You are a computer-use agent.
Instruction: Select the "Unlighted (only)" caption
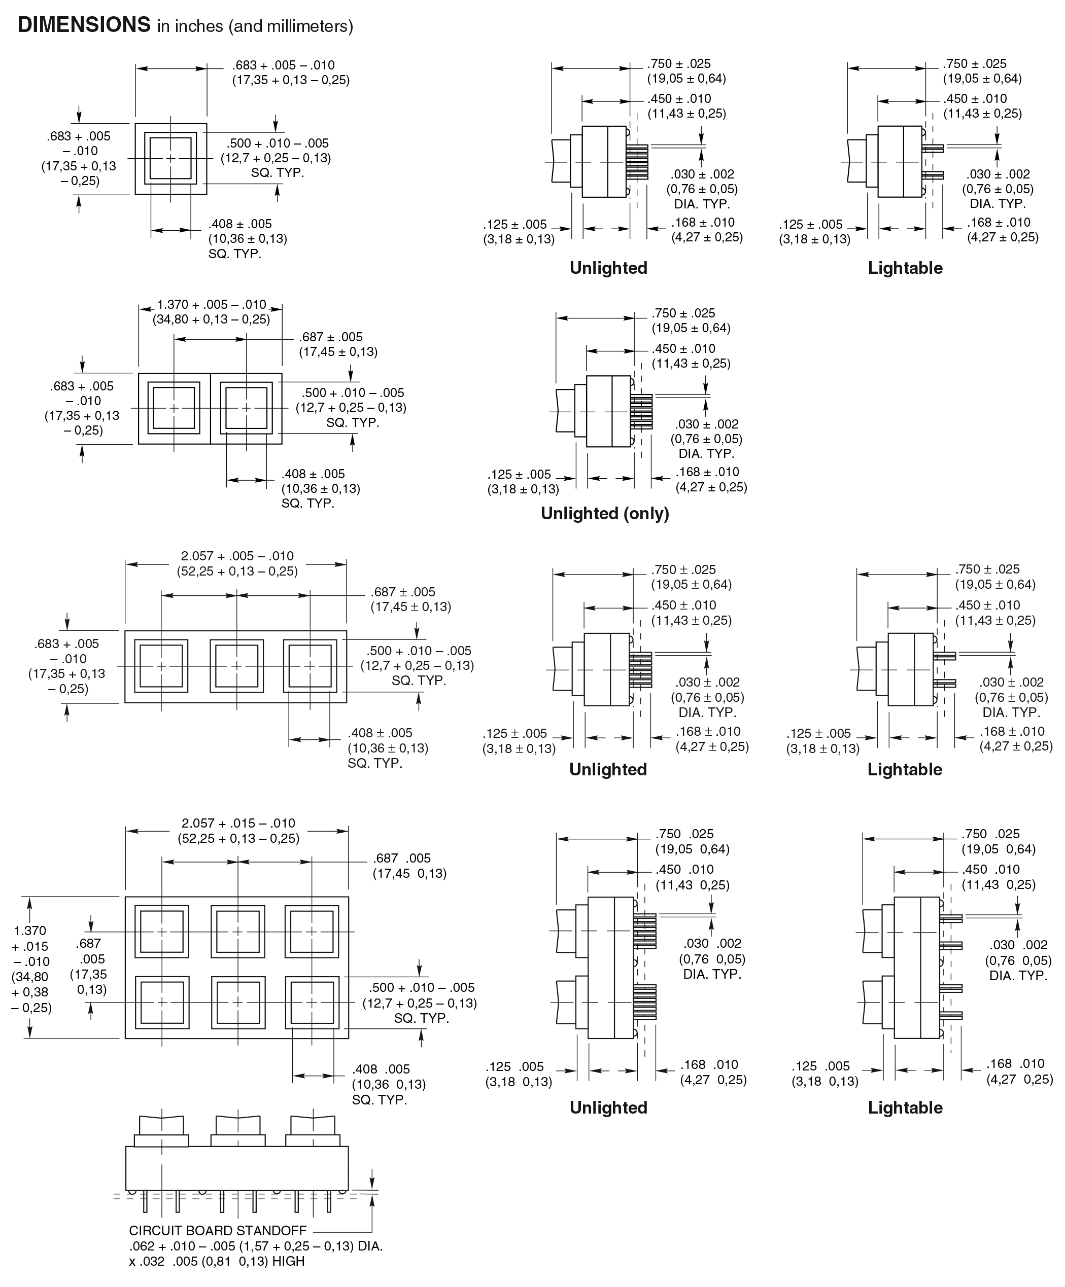[604, 514]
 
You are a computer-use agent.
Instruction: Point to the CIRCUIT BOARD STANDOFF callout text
[218, 1230]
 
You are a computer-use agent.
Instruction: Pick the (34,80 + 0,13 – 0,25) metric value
[212, 319]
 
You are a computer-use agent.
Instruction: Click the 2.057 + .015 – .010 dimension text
[238, 823]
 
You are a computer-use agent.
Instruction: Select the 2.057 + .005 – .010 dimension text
[237, 556]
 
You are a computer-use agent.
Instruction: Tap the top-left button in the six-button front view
[162, 931]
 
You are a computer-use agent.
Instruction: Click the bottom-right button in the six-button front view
[312, 1002]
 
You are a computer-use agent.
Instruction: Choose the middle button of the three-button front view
[236, 666]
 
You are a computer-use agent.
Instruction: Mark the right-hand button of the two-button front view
[246, 408]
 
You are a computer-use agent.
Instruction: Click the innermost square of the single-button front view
[170, 158]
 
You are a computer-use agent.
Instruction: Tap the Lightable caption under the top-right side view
[905, 268]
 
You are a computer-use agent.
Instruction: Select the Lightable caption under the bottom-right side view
[905, 1107]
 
